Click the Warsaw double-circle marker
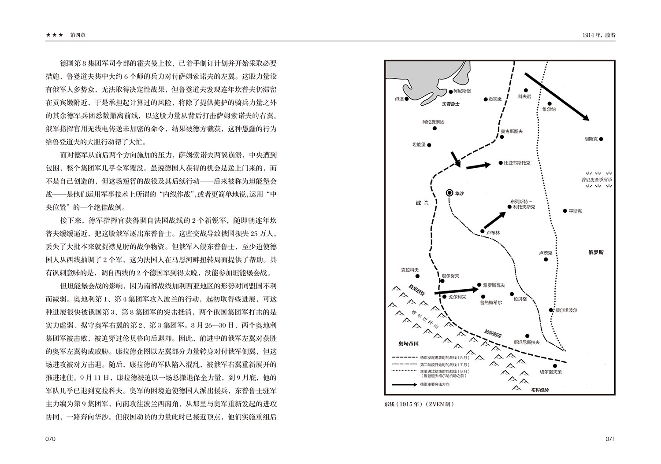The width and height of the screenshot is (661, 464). pos(449,192)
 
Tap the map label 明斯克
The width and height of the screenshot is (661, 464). pos(590,139)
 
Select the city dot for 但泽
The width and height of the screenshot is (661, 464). pos(407,99)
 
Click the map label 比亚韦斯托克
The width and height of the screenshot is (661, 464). pos(517,163)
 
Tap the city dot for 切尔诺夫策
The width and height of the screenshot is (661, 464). pos(555,365)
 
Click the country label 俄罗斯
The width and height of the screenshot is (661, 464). pos(596,252)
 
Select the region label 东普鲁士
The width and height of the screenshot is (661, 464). pos(450,104)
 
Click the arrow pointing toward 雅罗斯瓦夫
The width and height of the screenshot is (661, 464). pos(456,291)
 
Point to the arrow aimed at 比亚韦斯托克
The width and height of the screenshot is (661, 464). pos(478,166)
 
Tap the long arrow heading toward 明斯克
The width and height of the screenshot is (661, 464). pos(557,96)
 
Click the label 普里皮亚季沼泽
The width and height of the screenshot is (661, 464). pos(597,180)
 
